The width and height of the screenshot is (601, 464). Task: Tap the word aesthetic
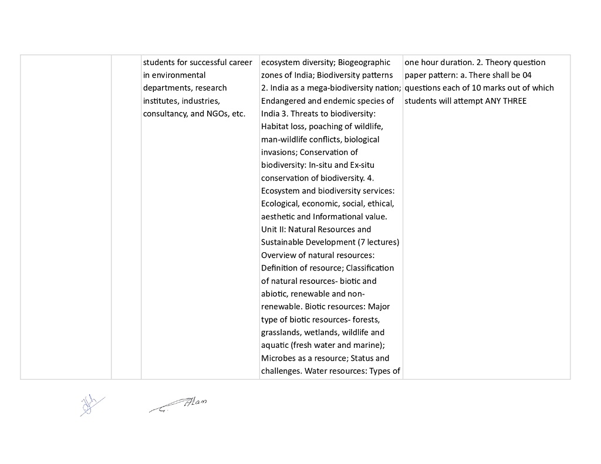pos(280,217)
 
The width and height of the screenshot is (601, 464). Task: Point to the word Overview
pos(279,255)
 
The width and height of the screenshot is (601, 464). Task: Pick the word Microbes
pos(279,358)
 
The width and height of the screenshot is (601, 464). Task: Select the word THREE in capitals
pos(515,101)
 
